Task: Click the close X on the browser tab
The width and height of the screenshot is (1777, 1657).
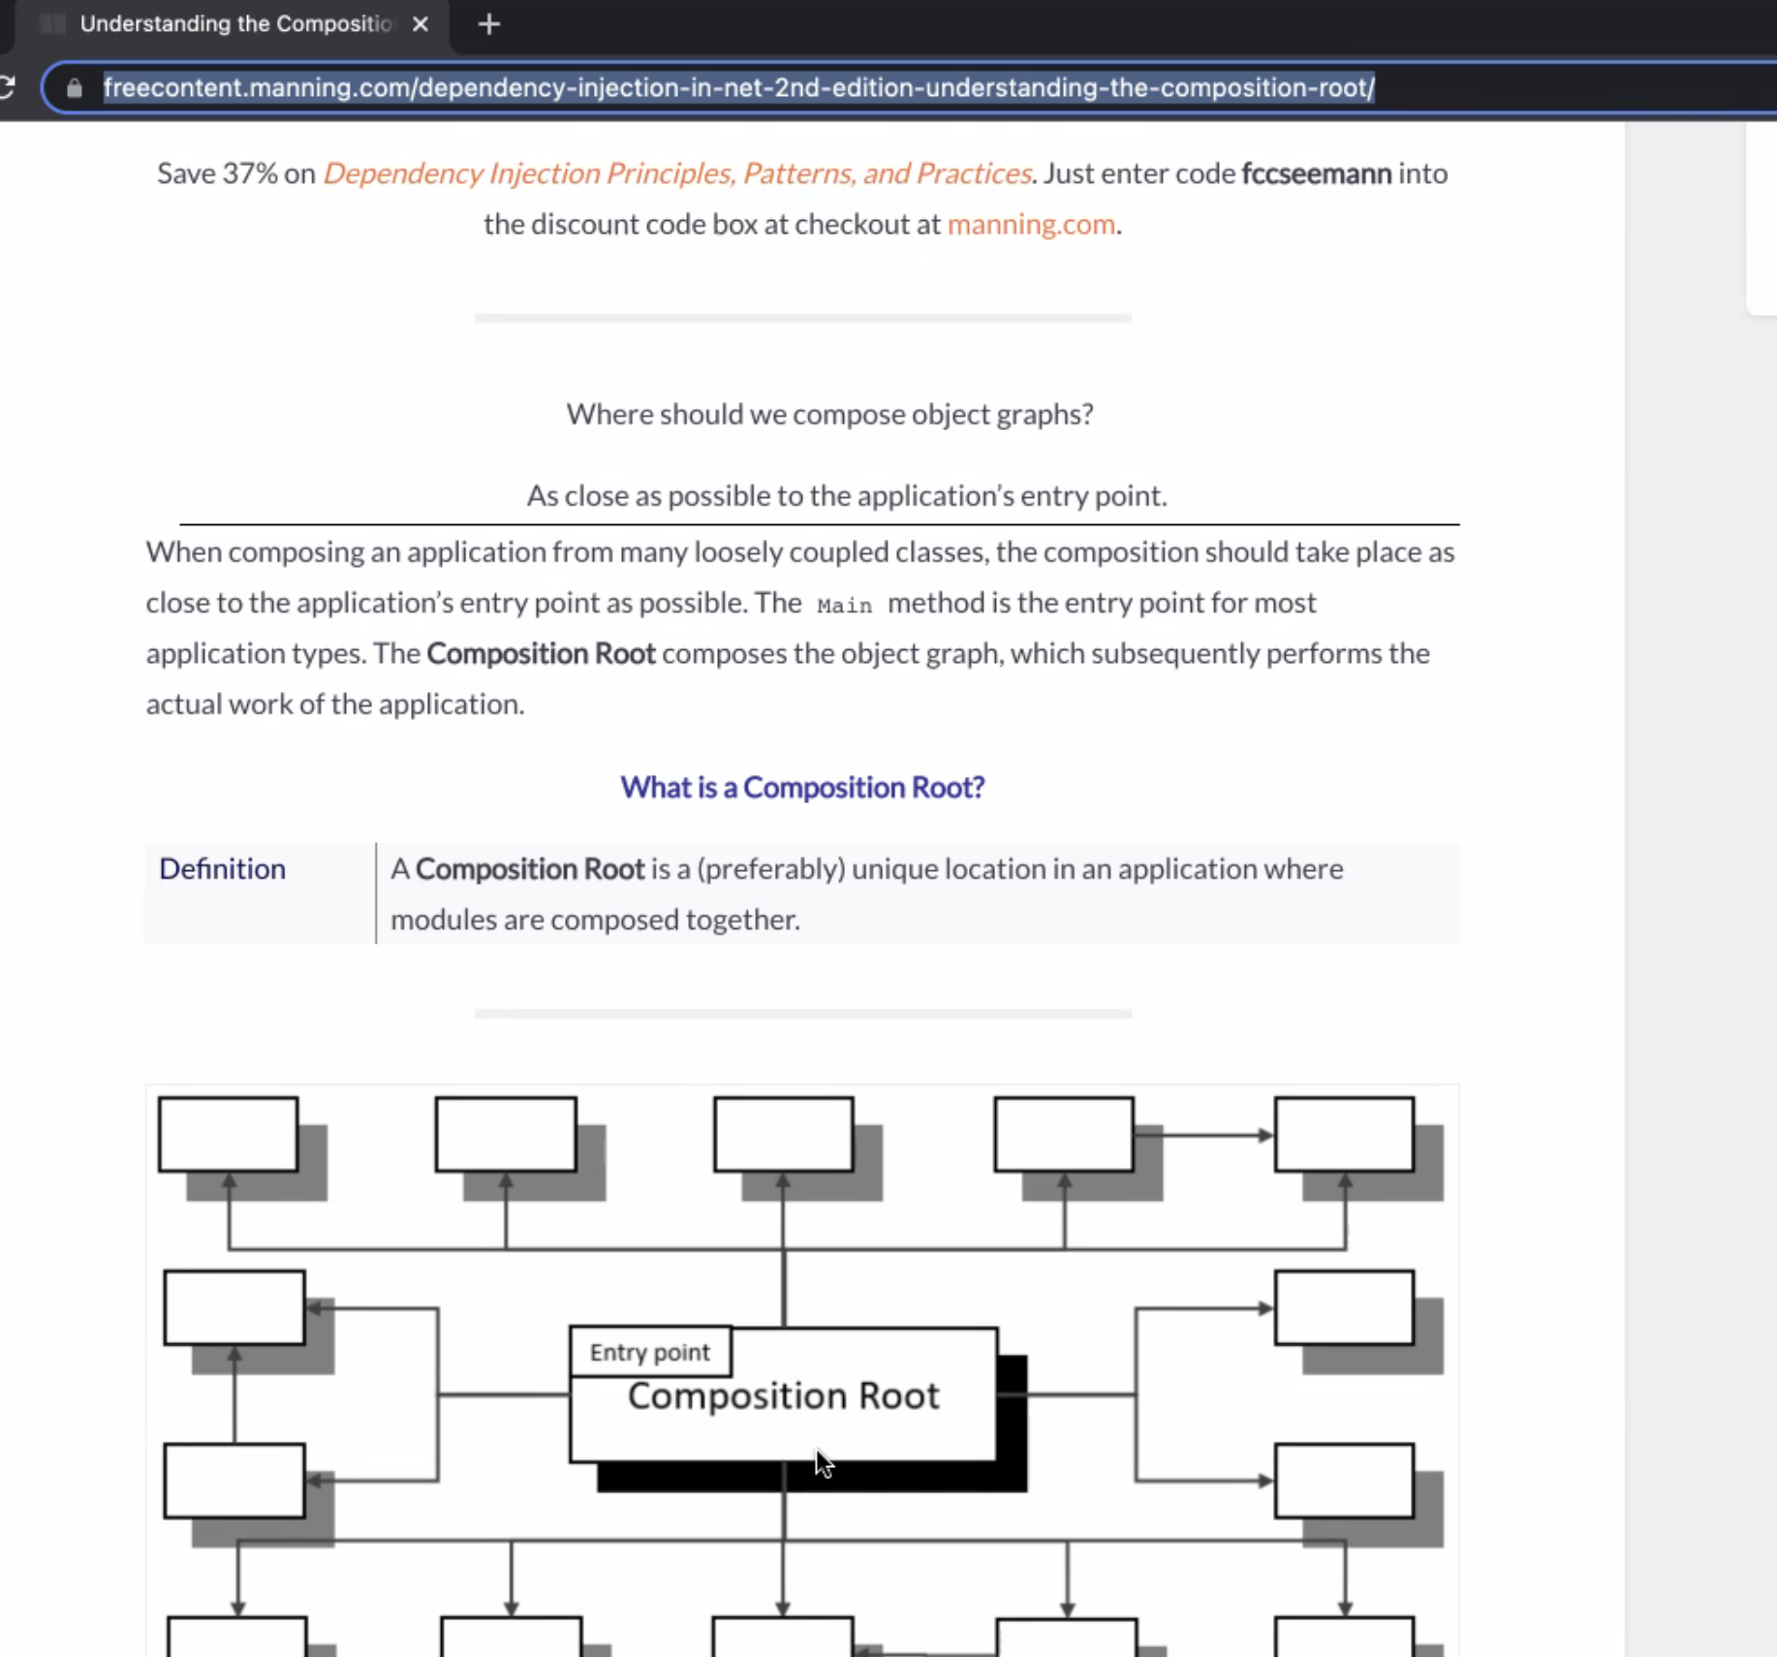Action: pyautogui.click(x=420, y=24)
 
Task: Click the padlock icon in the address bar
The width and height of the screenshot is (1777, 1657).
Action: pyautogui.click(x=75, y=88)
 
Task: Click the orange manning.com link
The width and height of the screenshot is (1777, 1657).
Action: pyautogui.click(x=1030, y=224)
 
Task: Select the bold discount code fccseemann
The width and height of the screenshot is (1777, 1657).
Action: pyautogui.click(x=1316, y=173)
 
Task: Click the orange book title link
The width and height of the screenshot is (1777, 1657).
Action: pyautogui.click(x=676, y=173)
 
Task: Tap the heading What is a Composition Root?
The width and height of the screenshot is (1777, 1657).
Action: pyautogui.click(x=802, y=787)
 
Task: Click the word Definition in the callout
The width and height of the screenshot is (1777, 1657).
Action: pyautogui.click(x=222, y=868)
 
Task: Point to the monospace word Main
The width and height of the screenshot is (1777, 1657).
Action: pyautogui.click(x=844, y=606)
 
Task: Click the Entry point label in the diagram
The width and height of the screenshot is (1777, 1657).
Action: pyautogui.click(x=649, y=1352)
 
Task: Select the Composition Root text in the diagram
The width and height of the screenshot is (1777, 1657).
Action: pyautogui.click(x=783, y=1396)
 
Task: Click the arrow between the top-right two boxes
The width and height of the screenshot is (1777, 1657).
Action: pyautogui.click(x=1204, y=1135)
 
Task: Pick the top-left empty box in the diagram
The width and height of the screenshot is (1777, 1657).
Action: pyautogui.click(x=228, y=1135)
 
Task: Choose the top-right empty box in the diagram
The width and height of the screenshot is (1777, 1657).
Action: pyautogui.click(x=1343, y=1135)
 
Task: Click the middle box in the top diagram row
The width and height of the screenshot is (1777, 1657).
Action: pyautogui.click(x=783, y=1135)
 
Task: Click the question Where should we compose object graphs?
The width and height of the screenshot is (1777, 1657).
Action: pyautogui.click(x=829, y=414)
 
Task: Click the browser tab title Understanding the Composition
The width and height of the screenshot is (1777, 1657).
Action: pyautogui.click(x=235, y=24)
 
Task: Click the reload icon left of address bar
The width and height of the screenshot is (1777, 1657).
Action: pyautogui.click(x=8, y=88)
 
